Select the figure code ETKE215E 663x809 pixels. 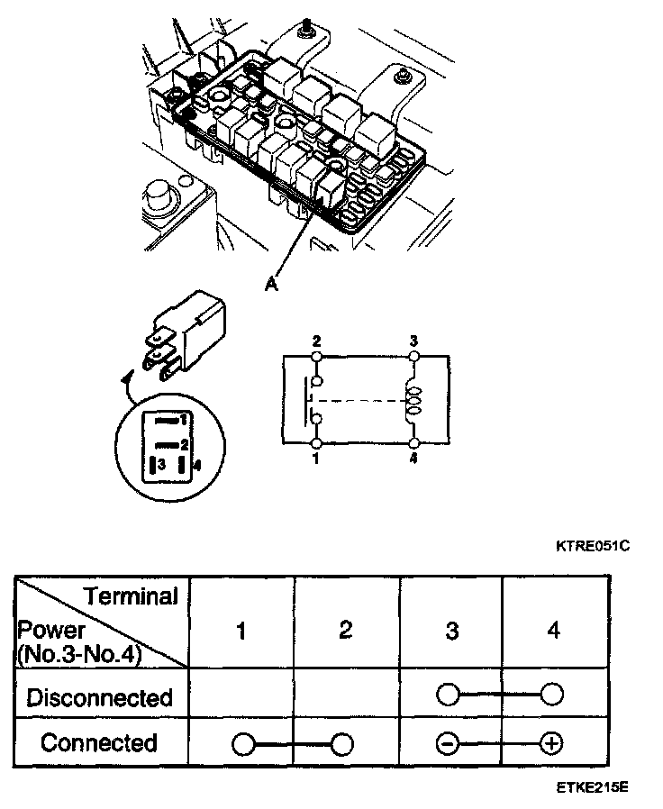coord(592,786)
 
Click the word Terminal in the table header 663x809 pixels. coord(131,595)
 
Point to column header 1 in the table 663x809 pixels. coord(241,631)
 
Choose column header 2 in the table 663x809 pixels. coord(346,631)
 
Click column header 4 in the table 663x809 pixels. coord(553,631)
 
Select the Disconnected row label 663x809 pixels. coord(99,697)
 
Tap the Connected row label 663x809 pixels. coord(99,743)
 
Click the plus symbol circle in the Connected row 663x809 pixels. coord(551,744)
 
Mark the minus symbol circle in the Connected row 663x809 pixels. coord(449,744)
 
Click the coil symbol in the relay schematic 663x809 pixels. coord(413,399)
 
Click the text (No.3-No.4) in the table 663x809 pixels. coord(79,655)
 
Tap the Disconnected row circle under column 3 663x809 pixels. coord(449,695)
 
